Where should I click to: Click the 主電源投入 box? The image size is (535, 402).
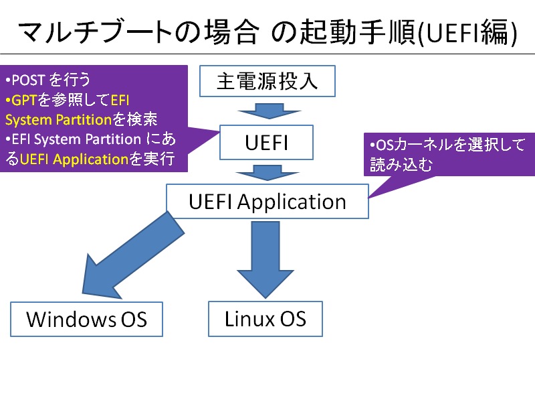tap(267, 81)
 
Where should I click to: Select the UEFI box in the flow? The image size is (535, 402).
tap(266, 142)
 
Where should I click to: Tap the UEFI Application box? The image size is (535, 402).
tap(267, 202)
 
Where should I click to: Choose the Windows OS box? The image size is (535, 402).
tap(87, 320)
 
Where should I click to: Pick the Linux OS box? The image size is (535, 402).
tap(265, 319)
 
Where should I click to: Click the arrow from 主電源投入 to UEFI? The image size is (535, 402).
tap(270, 111)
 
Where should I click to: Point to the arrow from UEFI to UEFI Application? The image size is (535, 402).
tap(268, 173)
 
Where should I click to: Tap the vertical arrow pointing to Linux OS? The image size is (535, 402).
tap(265, 260)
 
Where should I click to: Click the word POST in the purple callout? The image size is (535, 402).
tap(28, 80)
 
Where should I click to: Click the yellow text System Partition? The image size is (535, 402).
tap(59, 120)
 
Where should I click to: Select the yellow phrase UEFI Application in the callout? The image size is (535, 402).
tap(74, 159)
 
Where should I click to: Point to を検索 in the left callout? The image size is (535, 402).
tap(135, 120)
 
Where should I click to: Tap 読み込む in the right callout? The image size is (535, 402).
tap(401, 164)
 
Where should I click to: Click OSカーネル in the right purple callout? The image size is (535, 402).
tap(415, 145)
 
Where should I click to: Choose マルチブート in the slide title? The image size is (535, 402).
tap(96, 32)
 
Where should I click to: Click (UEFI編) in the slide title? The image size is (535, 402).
tap(467, 33)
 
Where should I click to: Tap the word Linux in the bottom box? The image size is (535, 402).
tap(249, 319)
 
